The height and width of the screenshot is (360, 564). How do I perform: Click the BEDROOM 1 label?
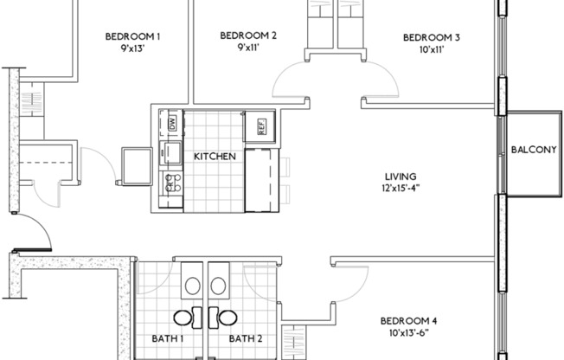pyautogui.click(x=132, y=35)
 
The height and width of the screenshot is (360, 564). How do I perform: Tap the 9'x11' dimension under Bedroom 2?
pyautogui.click(x=247, y=48)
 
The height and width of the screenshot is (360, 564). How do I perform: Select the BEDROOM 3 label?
pyautogui.click(x=432, y=37)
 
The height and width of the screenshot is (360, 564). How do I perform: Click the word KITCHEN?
pyautogui.click(x=215, y=157)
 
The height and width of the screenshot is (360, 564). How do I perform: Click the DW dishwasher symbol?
pyautogui.click(x=171, y=123)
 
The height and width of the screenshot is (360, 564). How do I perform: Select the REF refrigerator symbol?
pyautogui.click(x=260, y=126)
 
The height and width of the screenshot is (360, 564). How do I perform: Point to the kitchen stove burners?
pyautogui.click(x=171, y=183)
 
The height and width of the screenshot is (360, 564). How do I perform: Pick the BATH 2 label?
pyautogui.click(x=246, y=339)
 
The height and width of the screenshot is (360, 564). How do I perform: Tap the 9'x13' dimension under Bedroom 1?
pyautogui.click(x=132, y=48)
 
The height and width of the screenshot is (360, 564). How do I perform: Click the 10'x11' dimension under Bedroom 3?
pyautogui.click(x=432, y=50)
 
